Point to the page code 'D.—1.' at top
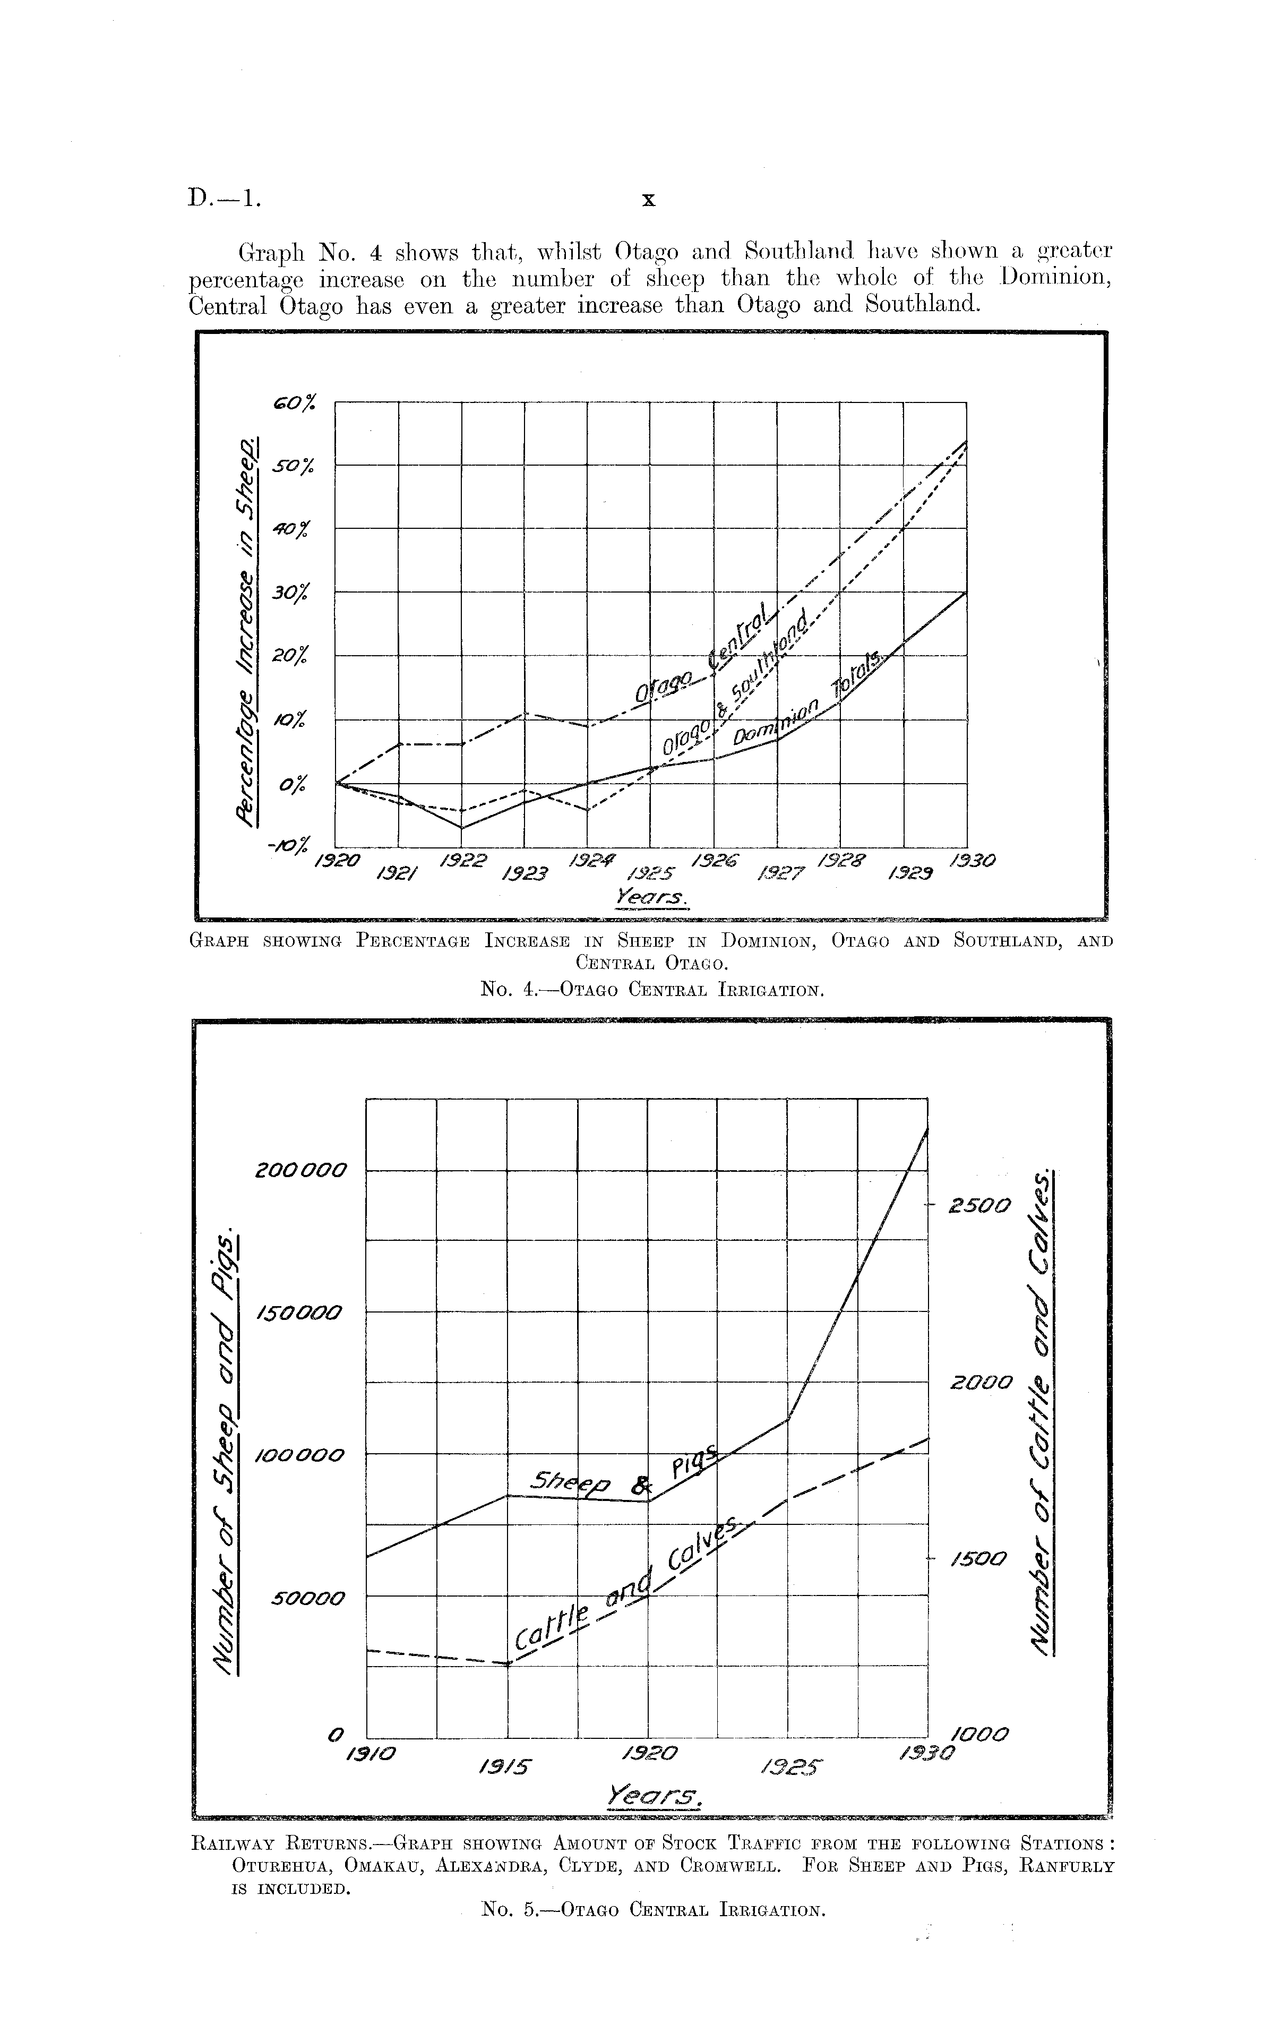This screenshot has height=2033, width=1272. pos(225,199)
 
